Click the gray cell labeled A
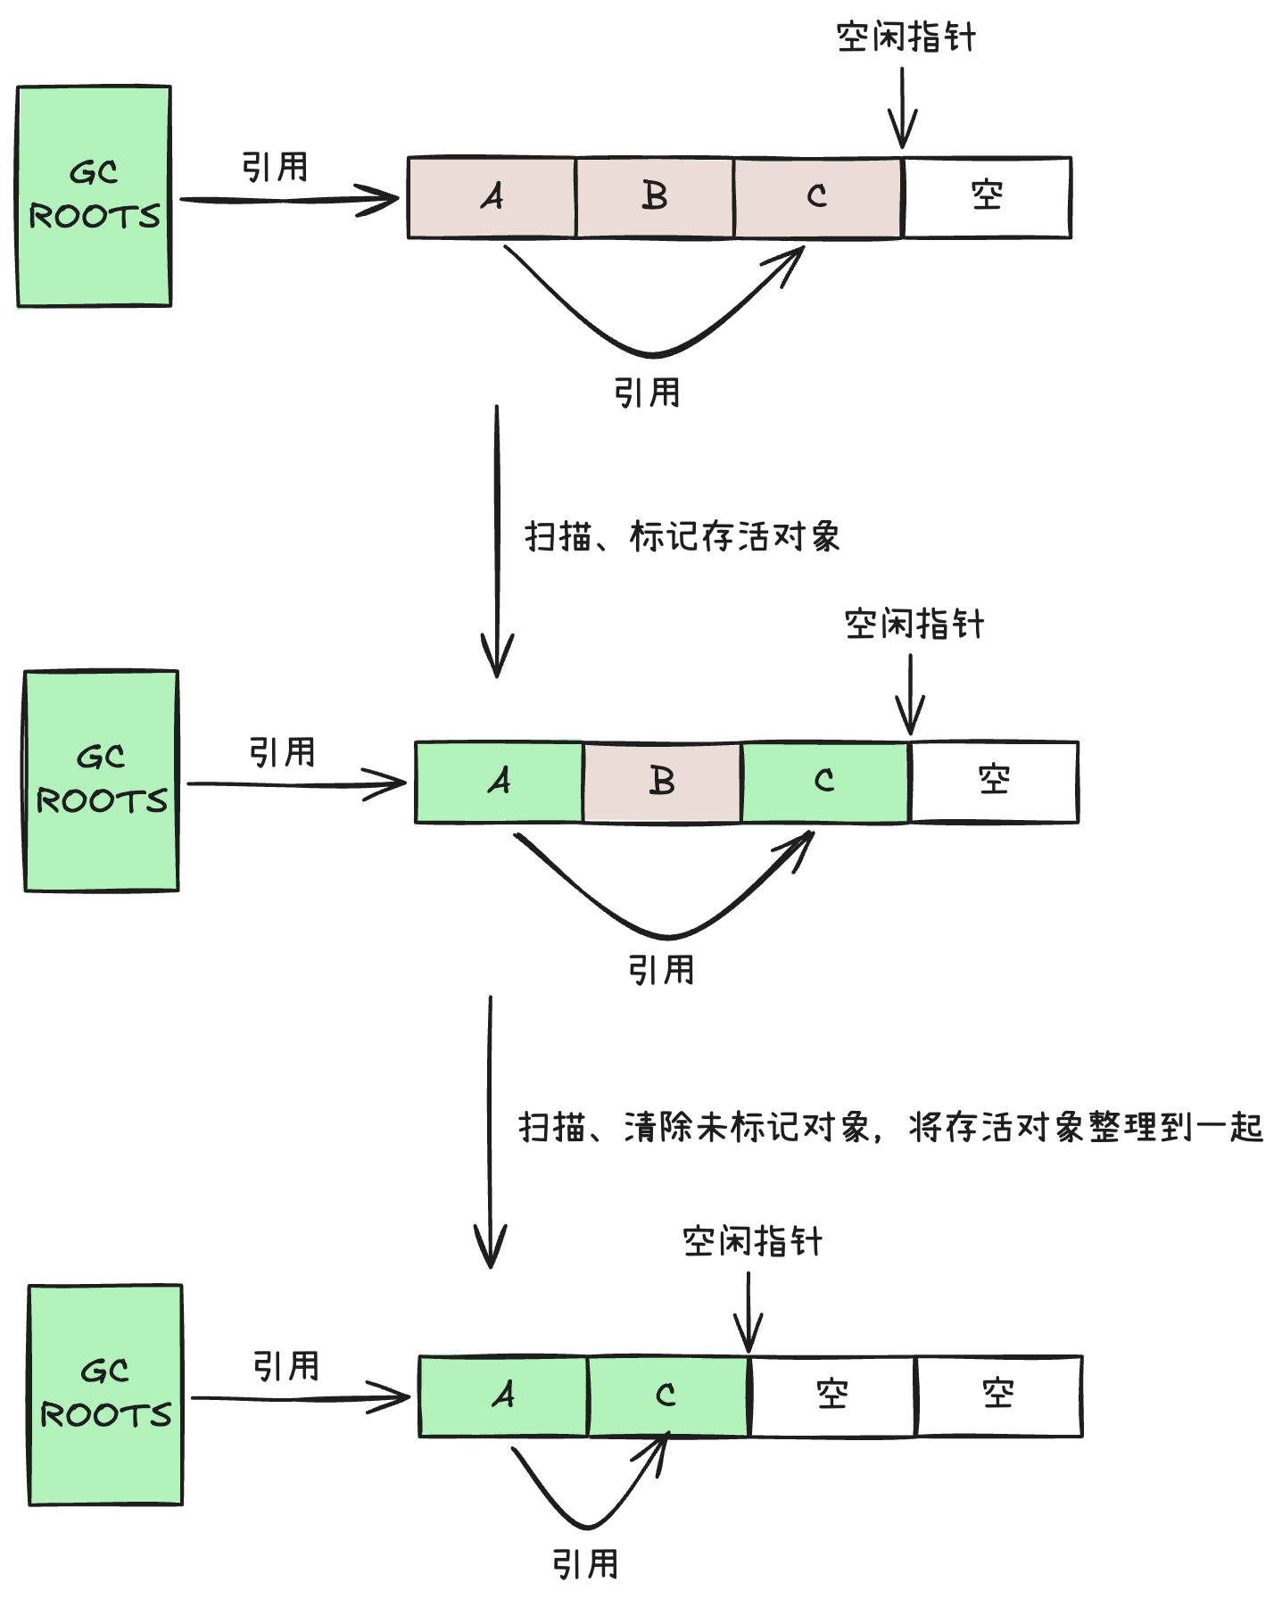point(492,197)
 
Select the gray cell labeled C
point(817,197)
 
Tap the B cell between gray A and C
point(655,197)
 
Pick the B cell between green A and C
point(662,782)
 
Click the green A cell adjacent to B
point(500,782)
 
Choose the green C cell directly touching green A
point(667,1396)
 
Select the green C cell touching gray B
point(824,782)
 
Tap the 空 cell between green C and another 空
point(832,1396)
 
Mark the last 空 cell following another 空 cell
point(998,1396)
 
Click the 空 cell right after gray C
point(987,197)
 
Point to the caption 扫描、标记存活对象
point(682,537)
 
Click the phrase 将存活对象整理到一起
point(1086,1128)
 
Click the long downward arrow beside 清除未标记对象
point(490,1131)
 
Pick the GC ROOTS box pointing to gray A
point(94,196)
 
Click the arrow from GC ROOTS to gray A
point(289,200)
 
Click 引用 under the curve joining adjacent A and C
point(585,1565)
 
